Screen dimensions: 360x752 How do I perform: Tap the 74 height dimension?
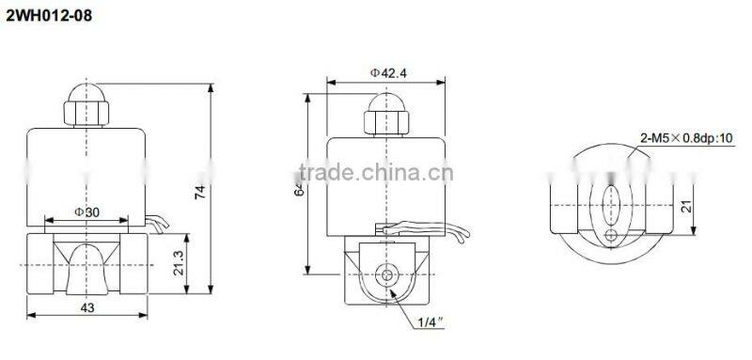[199, 193]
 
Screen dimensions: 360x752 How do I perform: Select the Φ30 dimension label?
[86, 212]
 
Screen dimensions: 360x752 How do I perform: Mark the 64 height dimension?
[298, 188]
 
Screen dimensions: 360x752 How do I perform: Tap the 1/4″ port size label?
[431, 324]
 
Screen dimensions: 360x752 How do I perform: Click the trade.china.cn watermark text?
[376, 173]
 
